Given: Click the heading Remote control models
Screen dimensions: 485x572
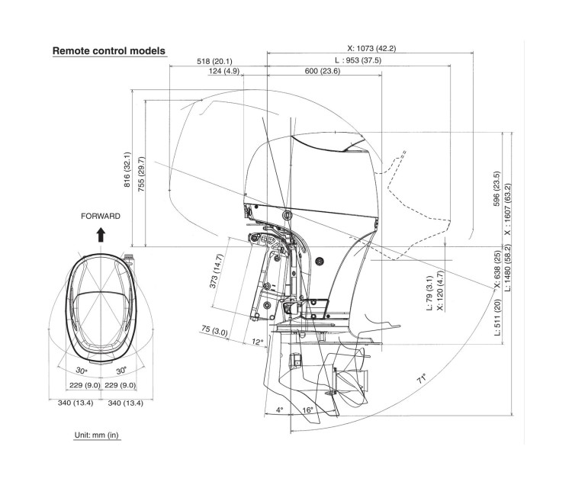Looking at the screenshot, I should [x=108, y=51].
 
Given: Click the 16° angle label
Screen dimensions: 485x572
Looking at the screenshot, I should [x=307, y=410].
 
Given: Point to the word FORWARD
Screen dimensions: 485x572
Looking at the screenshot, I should [x=101, y=216].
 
